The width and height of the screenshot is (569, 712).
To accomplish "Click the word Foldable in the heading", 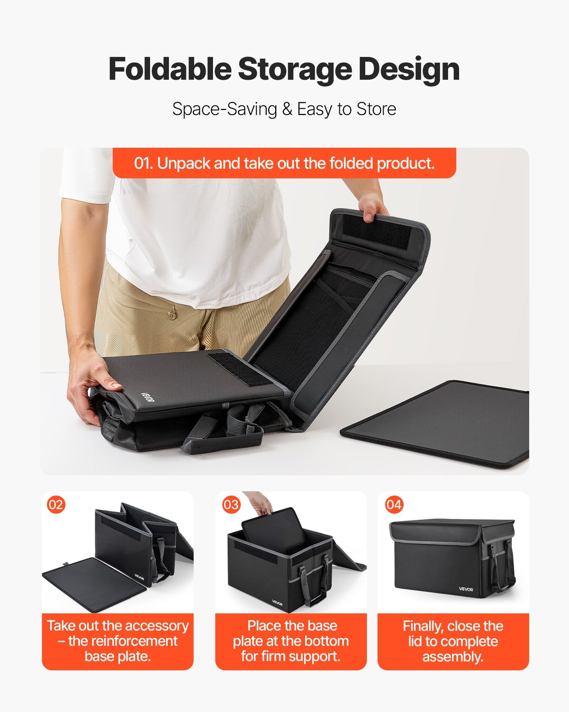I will [170, 69].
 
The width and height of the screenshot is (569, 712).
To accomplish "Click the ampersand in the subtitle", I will [287, 109].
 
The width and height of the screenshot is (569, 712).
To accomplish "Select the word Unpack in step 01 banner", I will [183, 163].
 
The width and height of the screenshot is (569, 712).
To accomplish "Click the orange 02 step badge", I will [56, 505].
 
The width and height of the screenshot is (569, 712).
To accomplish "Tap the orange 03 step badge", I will [231, 505].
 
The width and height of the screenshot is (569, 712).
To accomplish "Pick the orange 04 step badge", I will [394, 505].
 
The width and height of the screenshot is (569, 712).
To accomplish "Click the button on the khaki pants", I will [171, 315].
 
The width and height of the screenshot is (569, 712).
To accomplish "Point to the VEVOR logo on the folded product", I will [148, 397].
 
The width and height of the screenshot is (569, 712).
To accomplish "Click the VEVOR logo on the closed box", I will [466, 589].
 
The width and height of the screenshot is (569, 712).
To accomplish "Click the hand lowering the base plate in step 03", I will [260, 503].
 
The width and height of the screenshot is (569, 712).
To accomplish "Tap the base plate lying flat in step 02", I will [95, 583].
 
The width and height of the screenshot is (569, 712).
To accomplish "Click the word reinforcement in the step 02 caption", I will [123, 641].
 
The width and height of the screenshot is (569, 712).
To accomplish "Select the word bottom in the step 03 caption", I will [329, 641].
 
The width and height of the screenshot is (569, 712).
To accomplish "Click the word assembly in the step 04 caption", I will [452, 656].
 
